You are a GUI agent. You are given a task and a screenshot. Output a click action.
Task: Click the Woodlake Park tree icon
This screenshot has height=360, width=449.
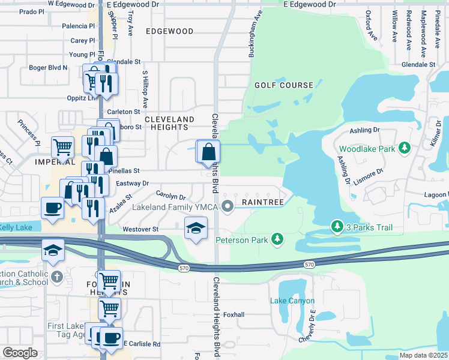tap(405, 148)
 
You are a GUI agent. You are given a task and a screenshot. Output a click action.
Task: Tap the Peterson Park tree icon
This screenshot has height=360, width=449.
tap(277, 239)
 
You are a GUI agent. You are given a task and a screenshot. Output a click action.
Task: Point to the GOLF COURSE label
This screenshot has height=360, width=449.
tap(284, 85)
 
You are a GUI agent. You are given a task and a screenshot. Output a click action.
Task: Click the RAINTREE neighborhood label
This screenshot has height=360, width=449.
tap(262, 203)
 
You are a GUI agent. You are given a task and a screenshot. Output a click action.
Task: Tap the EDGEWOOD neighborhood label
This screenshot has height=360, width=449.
tap(169, 31)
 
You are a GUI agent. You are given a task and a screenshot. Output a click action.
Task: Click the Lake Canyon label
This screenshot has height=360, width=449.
tap(292, 301)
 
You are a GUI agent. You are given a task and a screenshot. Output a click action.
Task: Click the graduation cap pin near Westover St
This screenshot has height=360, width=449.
tap(196, 229)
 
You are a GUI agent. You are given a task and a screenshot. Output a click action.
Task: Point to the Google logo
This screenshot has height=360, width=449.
tap(20, 352)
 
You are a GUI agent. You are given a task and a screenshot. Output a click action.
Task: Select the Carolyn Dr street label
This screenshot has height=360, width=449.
tap(170, 196)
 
